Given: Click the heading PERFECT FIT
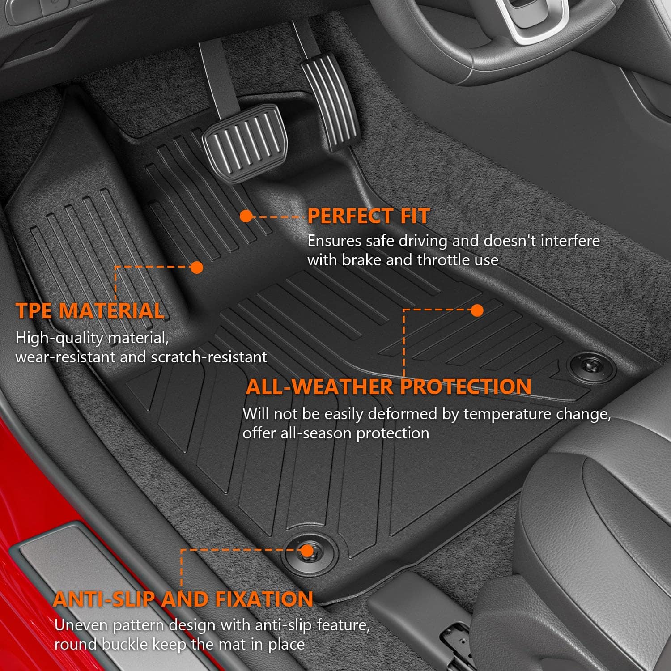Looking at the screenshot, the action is pyautogui.click(x=369, y=216).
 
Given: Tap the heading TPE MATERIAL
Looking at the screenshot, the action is pyautogui.click(x=90, y=311).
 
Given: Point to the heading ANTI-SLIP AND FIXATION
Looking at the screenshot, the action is pyautogui.click(x=183, y=599).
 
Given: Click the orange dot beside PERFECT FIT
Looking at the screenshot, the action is pyautogui.click(x=246, y=217).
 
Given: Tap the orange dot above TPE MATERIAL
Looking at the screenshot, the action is pyautogui.click(x=196, y=268).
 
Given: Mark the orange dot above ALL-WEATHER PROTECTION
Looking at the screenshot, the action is pyautogui.click(x=477, y=310).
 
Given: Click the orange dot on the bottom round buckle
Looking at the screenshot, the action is pyautogui.click(x=307, y=551).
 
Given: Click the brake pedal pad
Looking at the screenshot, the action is pyautogui.click(x=244, y=142).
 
